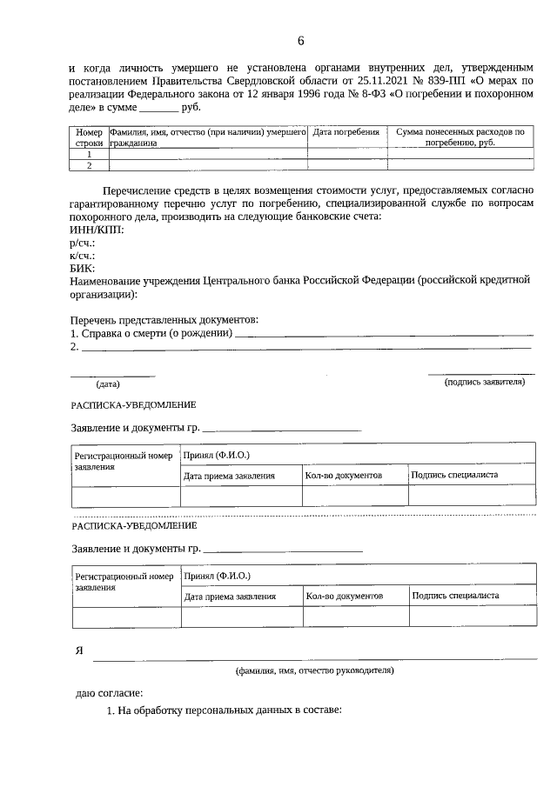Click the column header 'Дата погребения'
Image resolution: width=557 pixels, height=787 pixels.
point(346,132)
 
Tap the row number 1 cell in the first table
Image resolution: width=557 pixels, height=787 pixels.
point(89,153)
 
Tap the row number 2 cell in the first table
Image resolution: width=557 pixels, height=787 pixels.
point(89,164)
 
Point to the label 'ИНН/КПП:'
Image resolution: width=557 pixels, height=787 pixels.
point(96,230)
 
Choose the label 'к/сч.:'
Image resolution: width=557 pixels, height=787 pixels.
point(82,256)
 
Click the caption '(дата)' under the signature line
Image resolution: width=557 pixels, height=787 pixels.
point(108,383)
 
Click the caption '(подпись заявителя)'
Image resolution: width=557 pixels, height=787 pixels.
point(484,382)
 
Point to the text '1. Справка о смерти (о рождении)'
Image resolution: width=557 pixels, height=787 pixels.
point(151,334)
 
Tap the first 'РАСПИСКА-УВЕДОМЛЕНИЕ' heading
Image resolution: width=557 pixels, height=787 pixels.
point(134,404)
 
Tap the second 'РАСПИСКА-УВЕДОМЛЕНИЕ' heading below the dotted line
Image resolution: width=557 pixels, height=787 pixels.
point(134,526)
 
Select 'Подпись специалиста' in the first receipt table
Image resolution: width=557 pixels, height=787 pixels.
point(453,476)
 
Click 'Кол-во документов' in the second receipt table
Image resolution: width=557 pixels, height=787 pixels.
point(345,597)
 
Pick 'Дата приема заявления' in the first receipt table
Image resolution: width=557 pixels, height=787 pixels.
point(229,476)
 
